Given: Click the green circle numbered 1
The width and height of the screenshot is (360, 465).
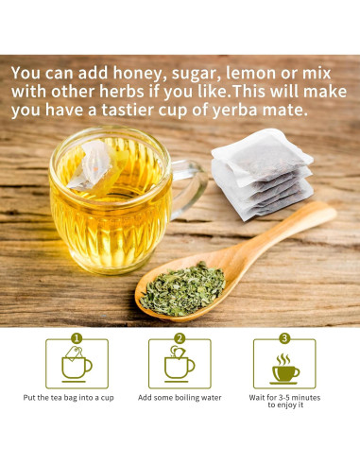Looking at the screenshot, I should click(x=77, y=337).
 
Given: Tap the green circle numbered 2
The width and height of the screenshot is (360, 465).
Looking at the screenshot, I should click(x=180, y=337).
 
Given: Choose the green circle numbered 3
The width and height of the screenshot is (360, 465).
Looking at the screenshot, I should click(x=283, y=337).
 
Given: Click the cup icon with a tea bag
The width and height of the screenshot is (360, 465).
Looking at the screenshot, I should click(x=76, y=364).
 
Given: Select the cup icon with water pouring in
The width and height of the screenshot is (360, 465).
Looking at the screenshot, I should click(x=179, y=364).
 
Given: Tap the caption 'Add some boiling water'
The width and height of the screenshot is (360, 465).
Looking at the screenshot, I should click(x=180, y=398).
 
